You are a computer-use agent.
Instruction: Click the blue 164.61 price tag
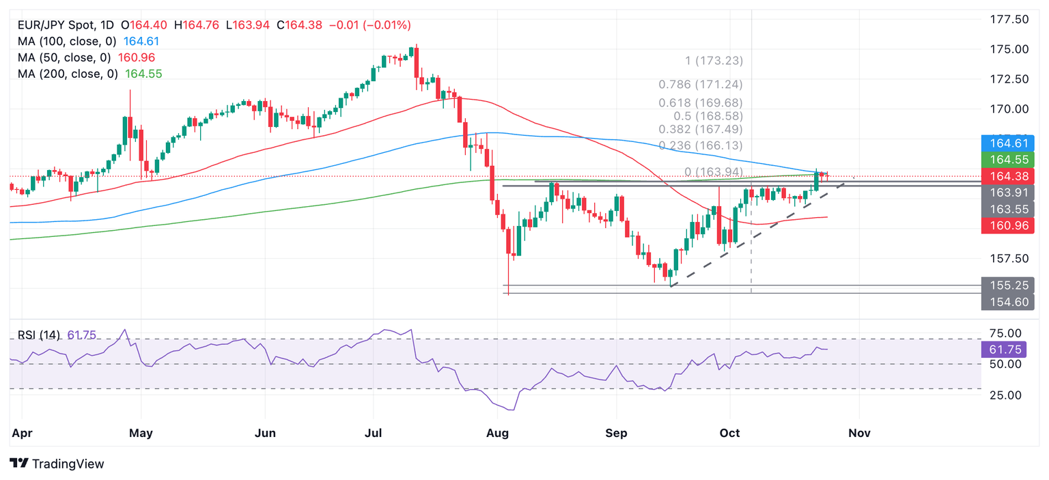(x=1007, y=143)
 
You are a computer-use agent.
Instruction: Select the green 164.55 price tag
(x=1007, y=160)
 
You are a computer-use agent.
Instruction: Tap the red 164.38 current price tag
(x=1007, y=176)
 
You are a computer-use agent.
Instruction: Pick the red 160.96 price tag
(x=1007, y=226)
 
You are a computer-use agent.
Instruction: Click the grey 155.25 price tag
(x=1007, y=285)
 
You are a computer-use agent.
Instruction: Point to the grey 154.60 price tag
(x=1007, y=302)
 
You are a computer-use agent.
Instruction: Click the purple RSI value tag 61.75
(x=1007, y=350)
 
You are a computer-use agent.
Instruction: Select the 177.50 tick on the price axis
(x=1009, y=19)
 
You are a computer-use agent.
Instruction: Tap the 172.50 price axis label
(x=1009, y=79)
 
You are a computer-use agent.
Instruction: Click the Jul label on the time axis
(x=373, y=433)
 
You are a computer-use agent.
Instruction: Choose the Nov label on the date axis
(x=858, y=433)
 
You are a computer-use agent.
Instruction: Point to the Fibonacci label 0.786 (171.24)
(x=700, y=85)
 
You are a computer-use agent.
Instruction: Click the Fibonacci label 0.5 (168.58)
(x=708, y=116)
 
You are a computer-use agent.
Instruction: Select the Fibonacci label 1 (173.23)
(x=714, y=61)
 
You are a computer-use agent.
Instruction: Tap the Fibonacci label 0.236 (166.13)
(x=700, y=145)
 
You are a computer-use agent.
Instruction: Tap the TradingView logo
(x=57, y=464)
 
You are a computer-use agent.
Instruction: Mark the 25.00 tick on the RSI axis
(x=1006, y=395)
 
